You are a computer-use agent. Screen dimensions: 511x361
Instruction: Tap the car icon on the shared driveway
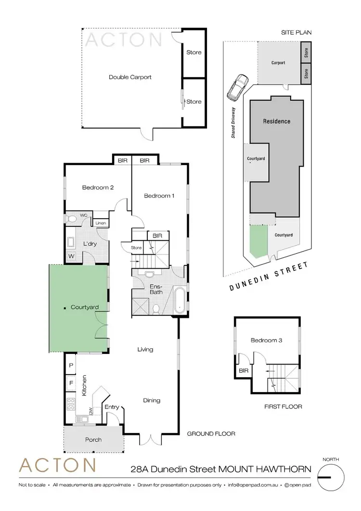[x=238, y=87]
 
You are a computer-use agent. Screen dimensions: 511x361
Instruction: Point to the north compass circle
[x=332, y=477]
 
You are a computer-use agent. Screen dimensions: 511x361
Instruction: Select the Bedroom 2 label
[x=98, y=187]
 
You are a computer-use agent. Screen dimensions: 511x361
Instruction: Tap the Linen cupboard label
[x=101, y=223]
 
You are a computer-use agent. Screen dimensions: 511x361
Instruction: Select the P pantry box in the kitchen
[x=71, y=366]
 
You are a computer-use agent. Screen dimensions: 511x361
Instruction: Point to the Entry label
[x=112, y=407]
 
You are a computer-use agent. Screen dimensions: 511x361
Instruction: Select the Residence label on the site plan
[x=277, y=121]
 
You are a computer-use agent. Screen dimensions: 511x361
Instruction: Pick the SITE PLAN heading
[x=297, y=33]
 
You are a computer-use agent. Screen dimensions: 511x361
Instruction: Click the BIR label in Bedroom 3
[x=243, y=371]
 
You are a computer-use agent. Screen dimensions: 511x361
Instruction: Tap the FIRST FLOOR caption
[x=284, y=406]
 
